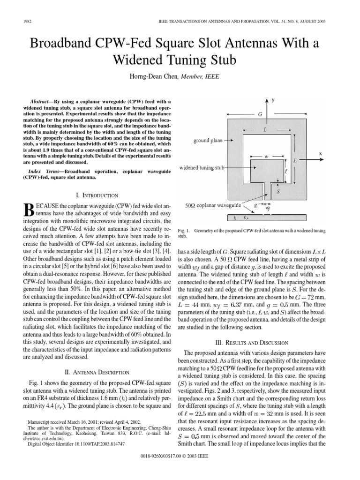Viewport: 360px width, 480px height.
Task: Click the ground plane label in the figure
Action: coord(208,140)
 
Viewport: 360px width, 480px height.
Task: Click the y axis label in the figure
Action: coord(272,101)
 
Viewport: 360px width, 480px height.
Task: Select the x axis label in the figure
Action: coord(320,153)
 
